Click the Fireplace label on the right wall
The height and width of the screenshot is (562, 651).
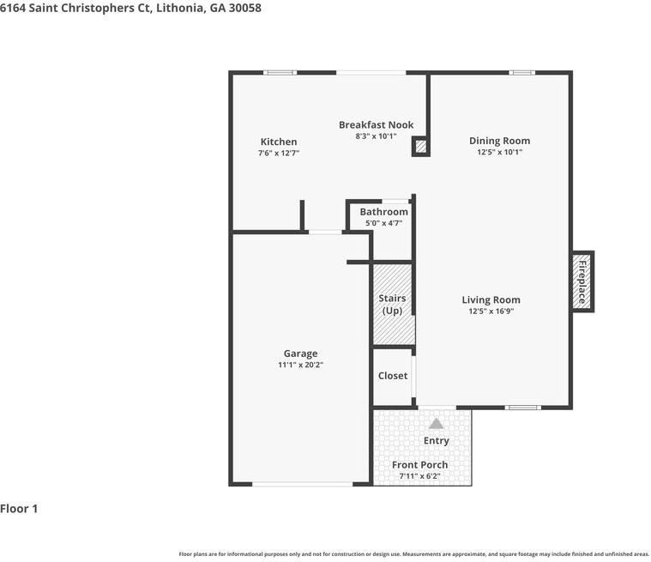pos(582,282)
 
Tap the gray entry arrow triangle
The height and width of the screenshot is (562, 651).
pos(436,424)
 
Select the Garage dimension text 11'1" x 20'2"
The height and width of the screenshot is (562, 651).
pos(300,366)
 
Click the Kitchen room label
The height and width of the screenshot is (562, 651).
pos(279,142)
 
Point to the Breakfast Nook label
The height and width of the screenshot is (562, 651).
pos(377,124)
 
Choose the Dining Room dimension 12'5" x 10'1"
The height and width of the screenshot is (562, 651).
pos(499,152)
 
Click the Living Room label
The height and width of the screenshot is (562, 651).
pos(491,300)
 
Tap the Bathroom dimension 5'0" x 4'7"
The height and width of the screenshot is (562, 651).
pos(383,223)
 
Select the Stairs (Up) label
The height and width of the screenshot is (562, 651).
pos(392,305)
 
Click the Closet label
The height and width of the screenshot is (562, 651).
pos(393,376)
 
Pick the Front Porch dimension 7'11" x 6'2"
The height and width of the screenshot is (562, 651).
pos(419,476)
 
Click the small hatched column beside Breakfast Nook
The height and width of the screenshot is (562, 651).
pos(421,147)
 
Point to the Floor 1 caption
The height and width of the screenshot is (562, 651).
pos(19,509)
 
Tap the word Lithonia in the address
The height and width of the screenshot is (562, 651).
pos(181,8)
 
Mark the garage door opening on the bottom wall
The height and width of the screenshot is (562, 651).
pos(303,484)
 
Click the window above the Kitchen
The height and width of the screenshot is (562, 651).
pos(280,73)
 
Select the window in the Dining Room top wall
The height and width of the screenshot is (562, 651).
pos(521,73)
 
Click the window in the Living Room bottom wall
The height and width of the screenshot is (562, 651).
pos(523,408)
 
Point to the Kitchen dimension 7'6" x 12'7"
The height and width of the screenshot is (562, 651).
pos(279,153)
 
